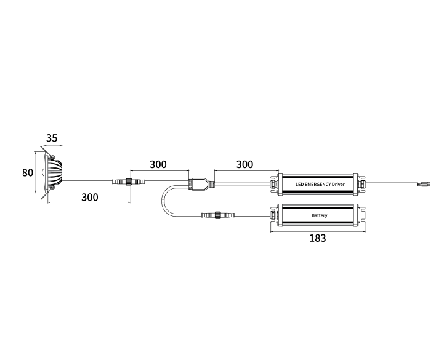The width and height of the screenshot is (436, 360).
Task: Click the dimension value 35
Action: pos(52,138)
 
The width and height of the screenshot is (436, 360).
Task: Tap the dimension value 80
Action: pos(28,173)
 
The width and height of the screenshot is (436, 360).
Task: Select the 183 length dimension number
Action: pos(318,238)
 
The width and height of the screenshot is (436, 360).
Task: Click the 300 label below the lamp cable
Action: pos(89,197)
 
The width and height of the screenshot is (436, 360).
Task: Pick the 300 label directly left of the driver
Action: pos(244,164)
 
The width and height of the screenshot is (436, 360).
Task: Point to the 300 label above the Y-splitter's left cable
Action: pos(158,164)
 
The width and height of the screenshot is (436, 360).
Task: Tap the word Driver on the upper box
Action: pos(339,184)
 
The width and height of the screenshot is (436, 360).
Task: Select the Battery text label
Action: pos(319,215)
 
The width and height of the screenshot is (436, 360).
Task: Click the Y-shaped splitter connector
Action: pos(201,183)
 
